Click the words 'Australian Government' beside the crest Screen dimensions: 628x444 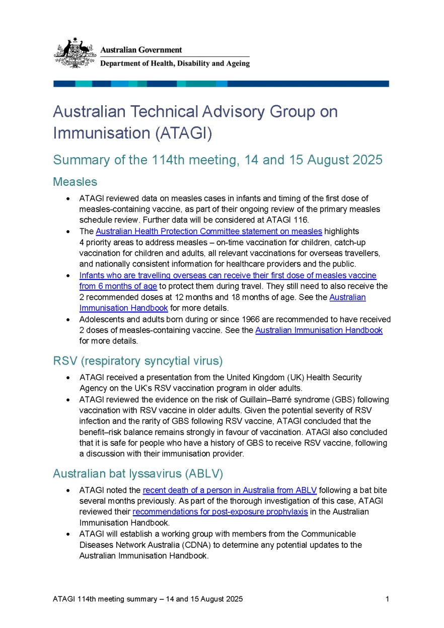tap(141, 50)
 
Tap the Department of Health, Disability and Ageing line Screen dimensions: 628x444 tap(175, 63)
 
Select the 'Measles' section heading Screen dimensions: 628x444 tap(75, 181)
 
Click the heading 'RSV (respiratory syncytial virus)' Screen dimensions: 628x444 tap(137, 361)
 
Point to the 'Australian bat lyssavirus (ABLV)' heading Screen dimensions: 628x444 tap(138, 473)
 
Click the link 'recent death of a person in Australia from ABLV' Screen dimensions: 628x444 tap(230, 490)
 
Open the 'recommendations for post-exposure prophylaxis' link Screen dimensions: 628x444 tap(220, 512)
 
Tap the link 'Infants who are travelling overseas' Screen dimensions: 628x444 tap(228, 275)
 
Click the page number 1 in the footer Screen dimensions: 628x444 tap(387, 599)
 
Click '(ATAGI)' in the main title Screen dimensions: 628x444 tap(183, 133)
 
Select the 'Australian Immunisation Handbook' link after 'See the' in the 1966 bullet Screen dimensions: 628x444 tap(319, 330)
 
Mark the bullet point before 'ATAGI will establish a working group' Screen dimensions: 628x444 tap(68, 534)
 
